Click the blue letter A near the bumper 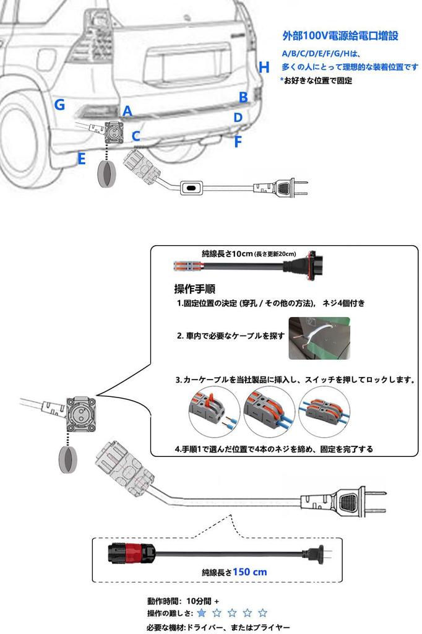coord(127,111)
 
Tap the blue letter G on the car coord(59,105)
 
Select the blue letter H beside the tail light coord(264,67)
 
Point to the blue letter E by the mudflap coord(81,159)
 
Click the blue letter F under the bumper coord(238,142)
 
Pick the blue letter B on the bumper coord(243,97)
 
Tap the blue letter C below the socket coord(136,135)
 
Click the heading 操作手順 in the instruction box coord(195,289)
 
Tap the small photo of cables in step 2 coord(319,338)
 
